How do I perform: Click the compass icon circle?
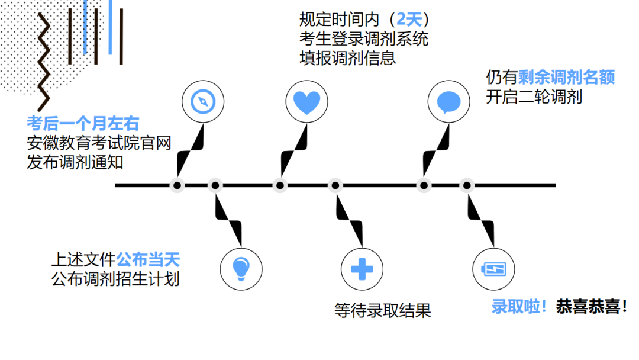[x=202, y=101]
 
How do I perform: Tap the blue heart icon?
[x=306, y=101]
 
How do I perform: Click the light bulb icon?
[x=240, y=268]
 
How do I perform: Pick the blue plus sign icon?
[x=363, y=269]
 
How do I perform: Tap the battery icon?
[x=493, y=269]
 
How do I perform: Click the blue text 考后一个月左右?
[x=83, y=123]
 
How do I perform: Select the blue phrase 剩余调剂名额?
[x=567, y=77]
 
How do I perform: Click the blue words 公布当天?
[x=148, y=259]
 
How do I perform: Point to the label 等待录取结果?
[x=383, y=311]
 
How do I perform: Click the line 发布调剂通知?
[x=75, y=162]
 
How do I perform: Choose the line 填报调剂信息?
[x=347, y=59]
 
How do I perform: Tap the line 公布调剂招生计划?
[x=115, y=279]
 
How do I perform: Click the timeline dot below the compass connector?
[x=177, y=185]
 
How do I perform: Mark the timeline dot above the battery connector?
[x=466, y=185]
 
